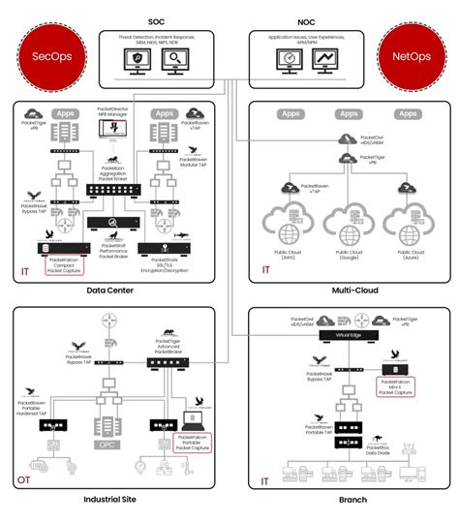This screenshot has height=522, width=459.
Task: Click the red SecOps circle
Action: pos(49,55)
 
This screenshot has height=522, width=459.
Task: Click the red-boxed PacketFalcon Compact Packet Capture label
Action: pos(65,266)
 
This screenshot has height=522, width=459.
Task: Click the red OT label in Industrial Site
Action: pos(24,479)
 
